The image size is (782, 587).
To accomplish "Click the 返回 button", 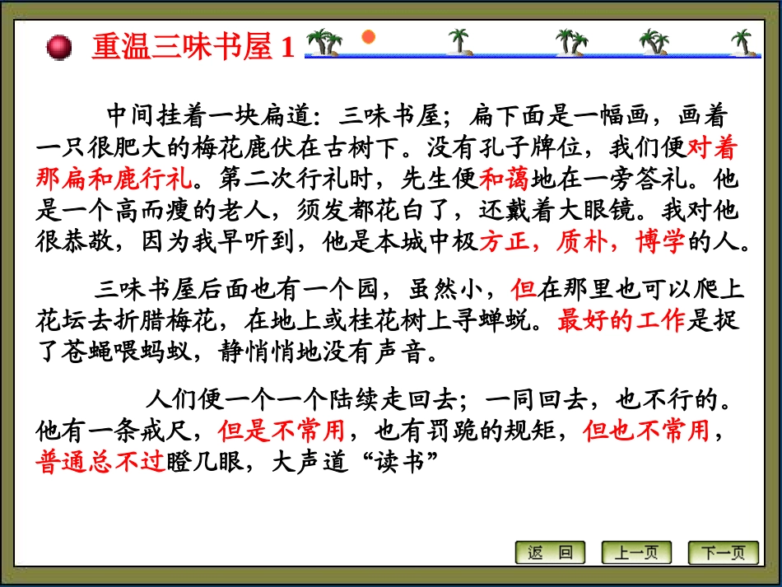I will point(550,552).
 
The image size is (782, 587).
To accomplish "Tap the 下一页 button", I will point(723,552).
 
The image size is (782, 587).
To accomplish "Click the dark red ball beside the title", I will point(59,47).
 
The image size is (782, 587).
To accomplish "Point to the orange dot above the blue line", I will point(369,36).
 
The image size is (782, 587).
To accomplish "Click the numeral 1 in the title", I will point(287,48).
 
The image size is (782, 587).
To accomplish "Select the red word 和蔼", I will point(505,177).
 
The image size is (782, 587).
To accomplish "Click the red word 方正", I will point(504,243).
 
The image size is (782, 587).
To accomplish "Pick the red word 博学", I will point(660,243).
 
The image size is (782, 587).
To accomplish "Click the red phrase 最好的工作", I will point(621,320).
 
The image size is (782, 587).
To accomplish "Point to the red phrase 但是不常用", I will point(281,430).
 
